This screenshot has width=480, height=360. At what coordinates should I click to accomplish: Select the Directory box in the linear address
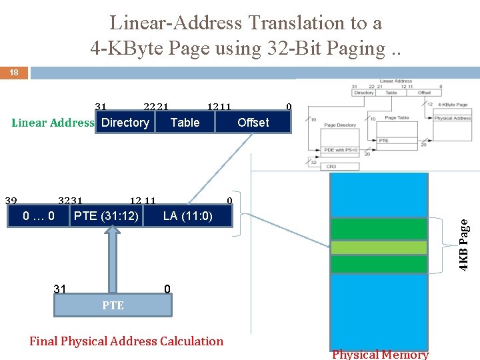pos(125,123)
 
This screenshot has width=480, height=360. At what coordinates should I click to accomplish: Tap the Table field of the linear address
pos(185,123)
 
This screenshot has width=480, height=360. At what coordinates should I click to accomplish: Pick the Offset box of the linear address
pos(253,123)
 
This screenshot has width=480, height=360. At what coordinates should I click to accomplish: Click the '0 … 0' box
pos(39,216)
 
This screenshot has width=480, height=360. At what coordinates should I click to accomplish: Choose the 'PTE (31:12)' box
pos(106,216)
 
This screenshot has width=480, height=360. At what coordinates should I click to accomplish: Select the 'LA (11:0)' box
pos(187,216)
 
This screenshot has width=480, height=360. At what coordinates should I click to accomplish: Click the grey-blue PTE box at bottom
pos(113,305)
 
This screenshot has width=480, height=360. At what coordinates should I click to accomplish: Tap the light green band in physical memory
pos(379,247)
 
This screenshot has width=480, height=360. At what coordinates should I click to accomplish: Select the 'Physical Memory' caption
pos(380,355)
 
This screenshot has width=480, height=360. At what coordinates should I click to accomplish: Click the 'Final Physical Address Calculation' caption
pos(127,341)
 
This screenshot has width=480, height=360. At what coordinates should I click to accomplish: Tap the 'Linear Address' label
pos(53,123)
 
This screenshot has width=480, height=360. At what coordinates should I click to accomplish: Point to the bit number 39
pos(11,201)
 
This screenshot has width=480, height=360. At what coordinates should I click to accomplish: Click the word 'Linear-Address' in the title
pos(176,23)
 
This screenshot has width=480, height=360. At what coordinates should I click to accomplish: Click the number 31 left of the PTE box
pos(60,289)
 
